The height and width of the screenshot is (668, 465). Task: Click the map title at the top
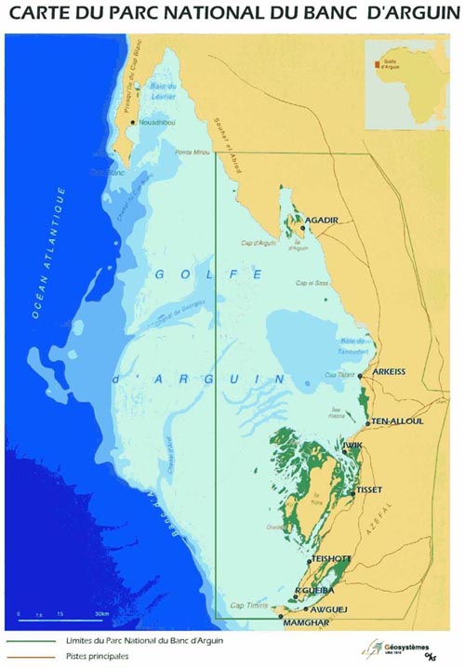[x=232, y=15]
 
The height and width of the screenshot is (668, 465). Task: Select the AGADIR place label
[x=321, y=220]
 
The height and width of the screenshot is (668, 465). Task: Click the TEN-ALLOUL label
[x=397, y=421]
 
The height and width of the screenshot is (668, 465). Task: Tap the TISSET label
[x=369, y=489]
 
